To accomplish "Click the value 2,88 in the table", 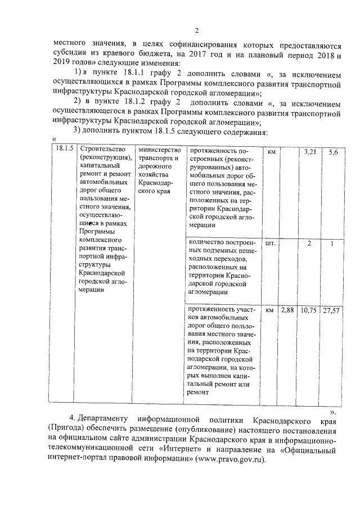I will pos(287,310).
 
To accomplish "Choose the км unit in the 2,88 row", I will pos(270,310).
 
